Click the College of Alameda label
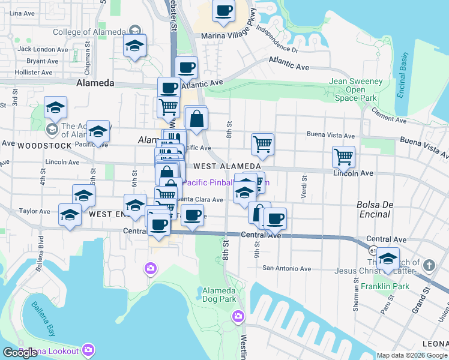pyautogui.click(x=89, y=32)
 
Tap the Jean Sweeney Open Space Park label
pyautogui.click(x=355, y=89)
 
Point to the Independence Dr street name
pyautogui.click(x=277, y=40)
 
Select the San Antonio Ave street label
pyautogui.click(x=286, y=268)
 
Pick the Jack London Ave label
pyautogui.click(x=42, y=49)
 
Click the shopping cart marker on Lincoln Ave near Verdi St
pyautogui.click(x=343, y=157)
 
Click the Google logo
pyautogui.click(x=20, y=353)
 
